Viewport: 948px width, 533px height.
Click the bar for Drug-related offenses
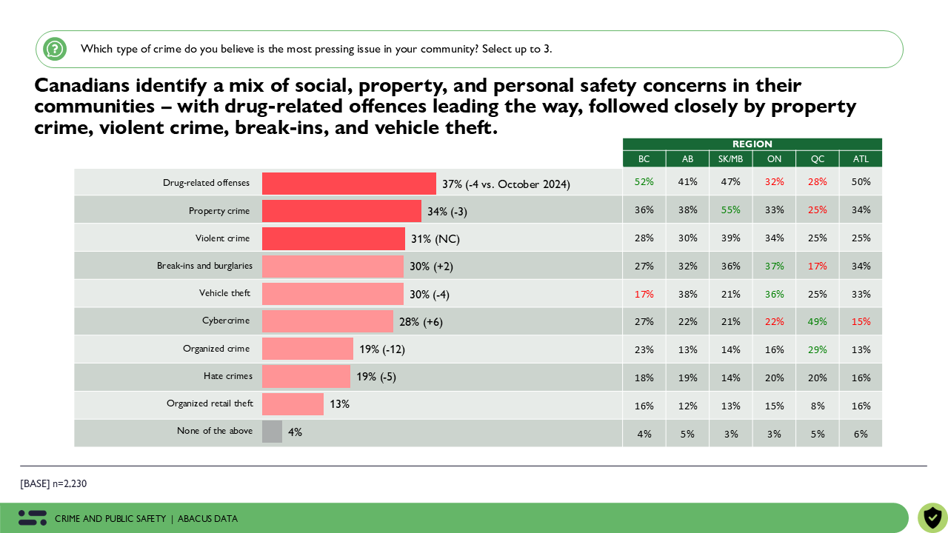(x=349, y=184)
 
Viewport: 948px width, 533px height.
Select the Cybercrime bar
(x=327, y=321)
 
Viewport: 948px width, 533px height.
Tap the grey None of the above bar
(x=272, y=432)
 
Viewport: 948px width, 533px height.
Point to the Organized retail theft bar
(x=293, y=404)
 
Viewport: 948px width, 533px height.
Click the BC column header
(x=644, y=159)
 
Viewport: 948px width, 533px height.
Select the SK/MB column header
(x=730, y=159)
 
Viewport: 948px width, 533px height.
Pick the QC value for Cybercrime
(x=818, y=322)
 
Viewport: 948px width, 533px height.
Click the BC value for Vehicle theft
(x=644, y=294)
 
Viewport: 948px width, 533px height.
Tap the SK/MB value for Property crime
(x=730, y=210)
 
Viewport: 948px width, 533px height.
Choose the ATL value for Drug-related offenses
(x=861, y=182)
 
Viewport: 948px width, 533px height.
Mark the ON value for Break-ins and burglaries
(x=774, y=266)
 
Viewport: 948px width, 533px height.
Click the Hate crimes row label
(x=228, y=376)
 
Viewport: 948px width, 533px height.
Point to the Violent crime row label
(x=222, y=238)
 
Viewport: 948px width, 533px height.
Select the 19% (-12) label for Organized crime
(x=382, y=349)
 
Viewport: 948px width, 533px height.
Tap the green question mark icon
(x=55, y=49)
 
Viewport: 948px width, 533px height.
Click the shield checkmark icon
(x=932, y=517)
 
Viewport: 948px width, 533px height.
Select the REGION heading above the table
(x=752, y=144)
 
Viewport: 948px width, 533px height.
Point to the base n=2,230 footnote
(x=53, y=484)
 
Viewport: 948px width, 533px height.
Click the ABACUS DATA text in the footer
(x=207, y=519)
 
